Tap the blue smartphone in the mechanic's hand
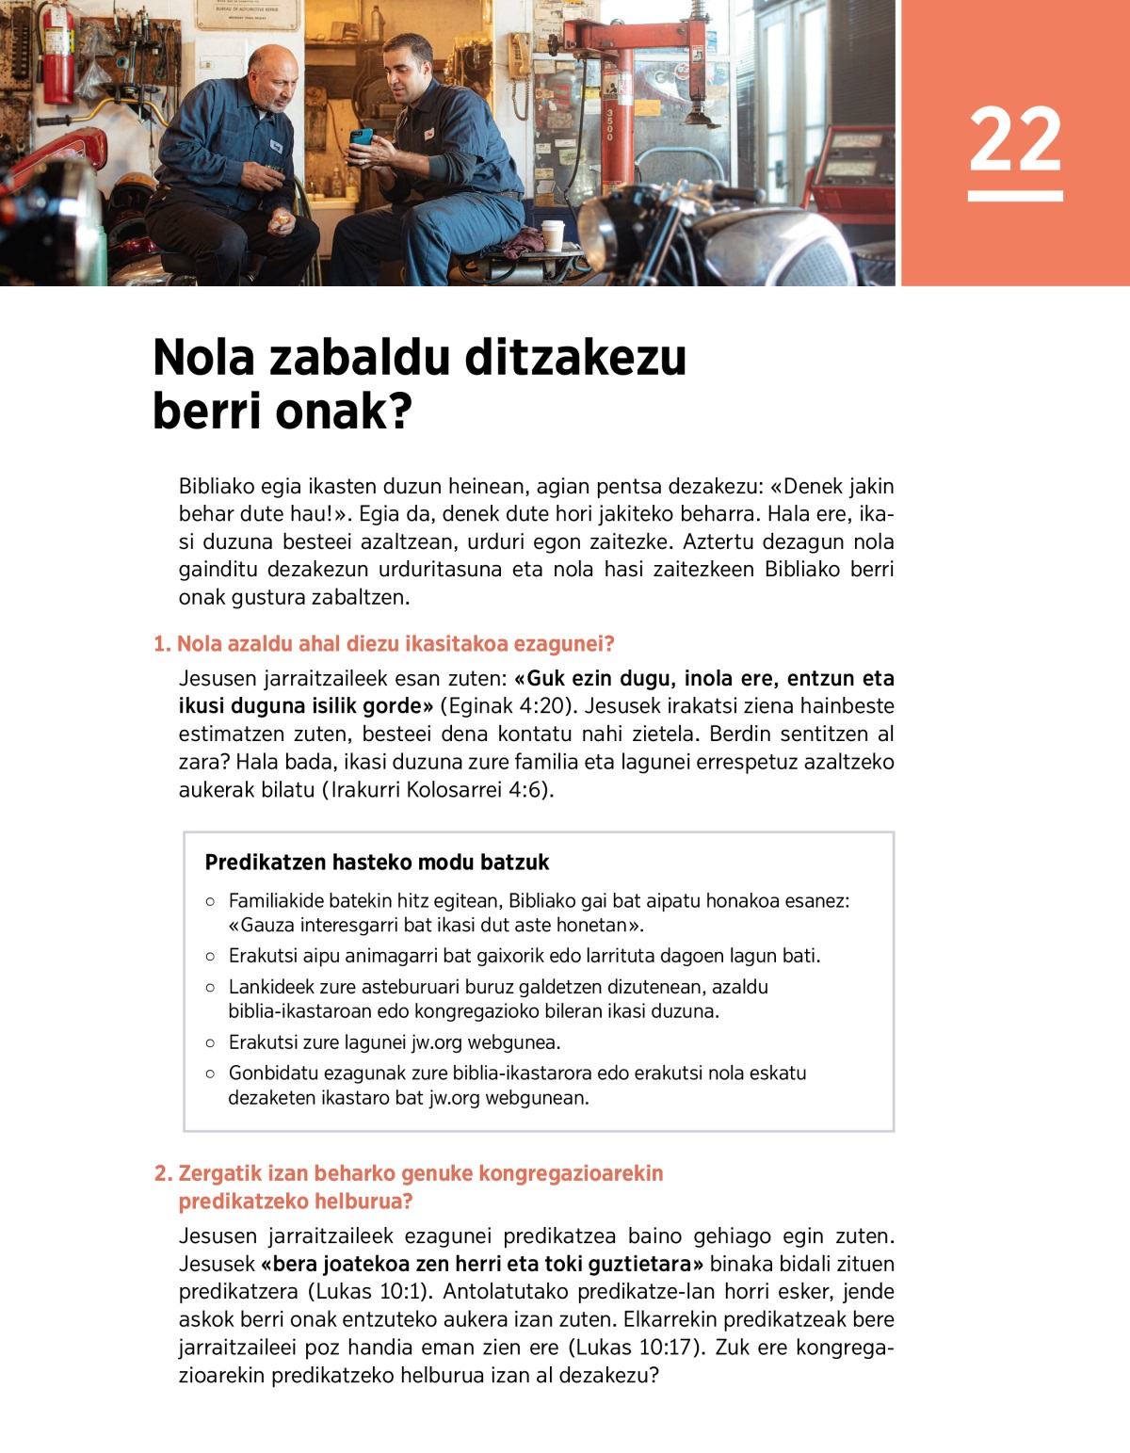click(x=362, y=137)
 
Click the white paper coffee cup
click(x=552, y=235)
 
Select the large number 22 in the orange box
click(x=1015, y=140)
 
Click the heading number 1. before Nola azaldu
click(x=162, y=644)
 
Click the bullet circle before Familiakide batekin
click(x=210, y=902)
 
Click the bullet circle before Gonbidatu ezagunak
click(x=210, y=1074)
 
